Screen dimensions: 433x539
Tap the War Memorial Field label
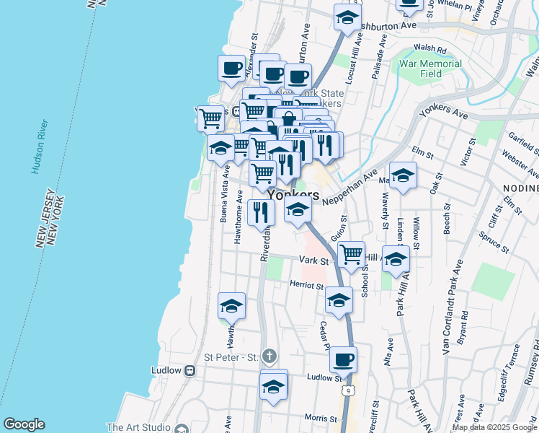coord(430,69)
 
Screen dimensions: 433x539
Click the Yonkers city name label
coord(293,195)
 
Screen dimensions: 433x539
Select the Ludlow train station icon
coord(190,370)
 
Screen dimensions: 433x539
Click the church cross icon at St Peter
coord(269,356)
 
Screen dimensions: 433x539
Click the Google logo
coord(24,424)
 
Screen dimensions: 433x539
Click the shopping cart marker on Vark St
coord(351,253)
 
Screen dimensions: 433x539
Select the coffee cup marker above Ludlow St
coord(344,358)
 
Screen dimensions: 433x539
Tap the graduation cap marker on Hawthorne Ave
coord(231,306)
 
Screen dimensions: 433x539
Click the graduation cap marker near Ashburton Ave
coord(347,17)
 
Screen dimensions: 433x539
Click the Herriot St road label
coord(307,286)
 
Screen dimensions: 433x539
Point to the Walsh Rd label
coord(431,49)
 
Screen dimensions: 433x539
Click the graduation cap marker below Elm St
coord(403,175)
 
